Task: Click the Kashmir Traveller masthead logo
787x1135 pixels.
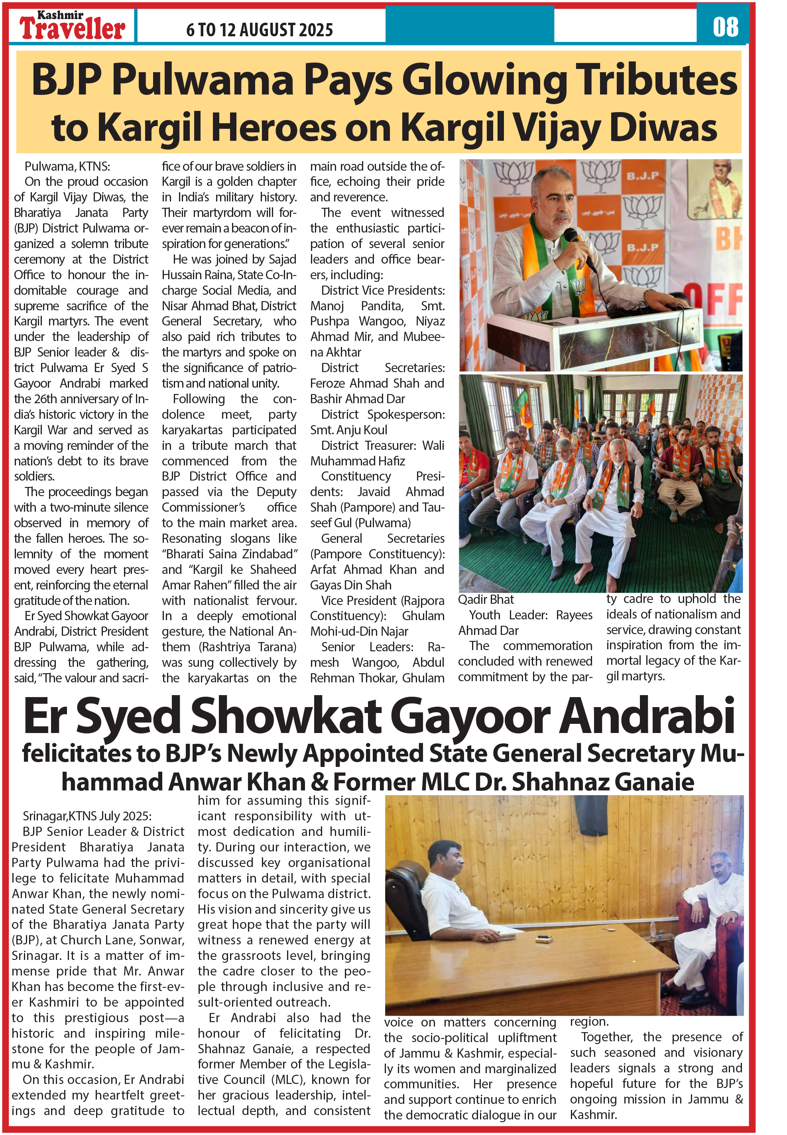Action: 72,26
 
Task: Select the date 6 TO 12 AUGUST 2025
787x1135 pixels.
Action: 260,30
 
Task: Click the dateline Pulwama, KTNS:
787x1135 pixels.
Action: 67,167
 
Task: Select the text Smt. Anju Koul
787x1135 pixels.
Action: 348,430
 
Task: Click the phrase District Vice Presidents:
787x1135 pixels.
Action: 383,291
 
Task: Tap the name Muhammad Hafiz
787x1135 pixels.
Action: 358,461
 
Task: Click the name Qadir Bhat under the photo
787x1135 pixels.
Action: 486,600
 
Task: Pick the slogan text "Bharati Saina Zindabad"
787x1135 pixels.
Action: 230,554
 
